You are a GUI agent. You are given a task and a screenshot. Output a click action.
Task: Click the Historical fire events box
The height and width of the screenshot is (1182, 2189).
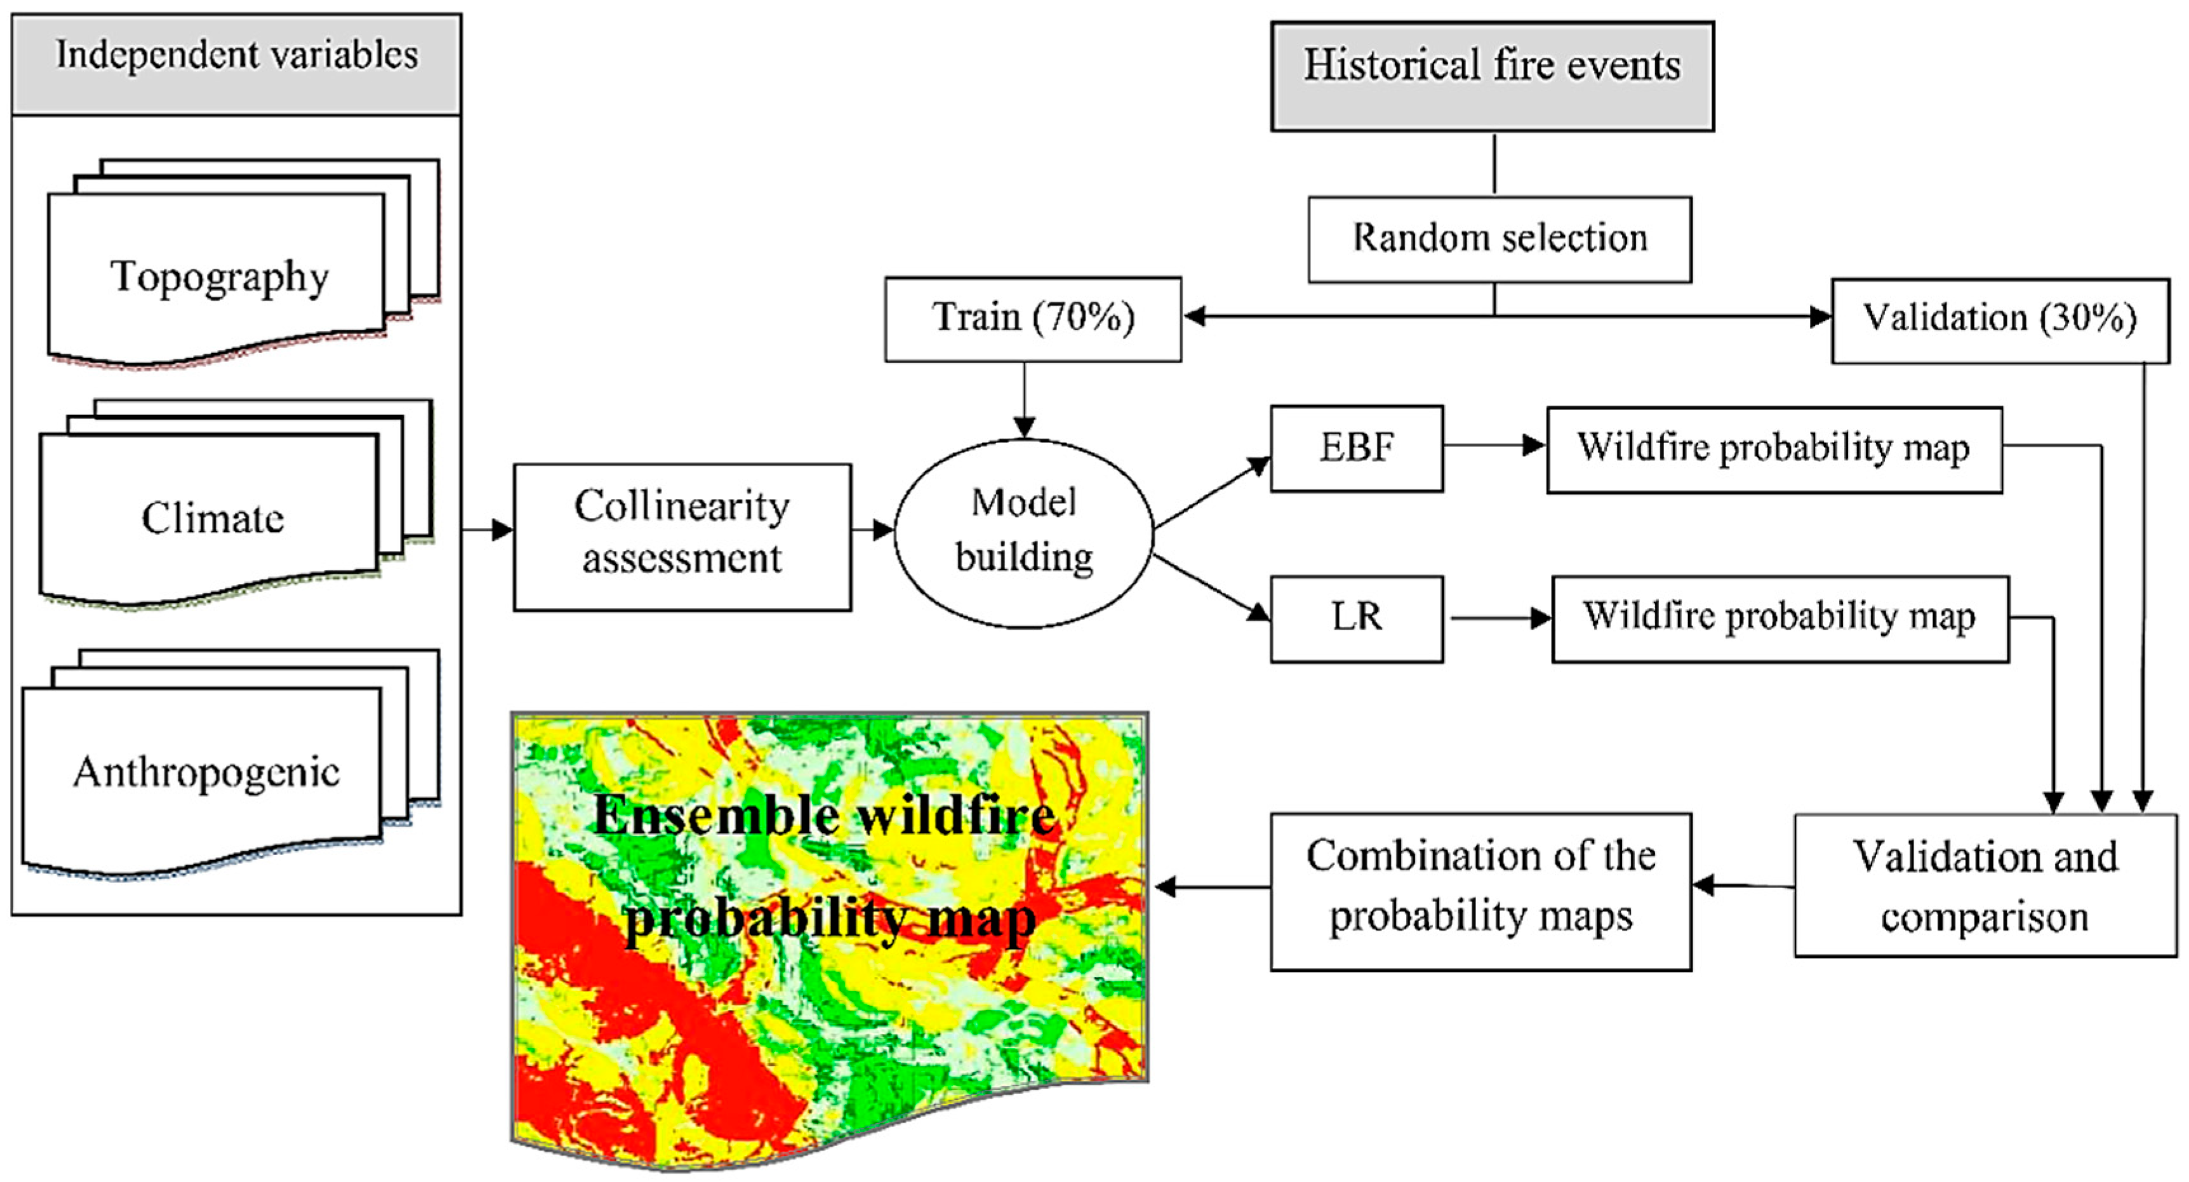pyautogui.click(x=1492, y=76)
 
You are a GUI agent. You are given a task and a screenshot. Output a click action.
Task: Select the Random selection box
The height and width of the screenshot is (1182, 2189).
pyautogui.click(x=1500, y=239)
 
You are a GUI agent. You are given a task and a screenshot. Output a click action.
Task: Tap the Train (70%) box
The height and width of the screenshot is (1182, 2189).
pyautogui.click(x=1032, y=319)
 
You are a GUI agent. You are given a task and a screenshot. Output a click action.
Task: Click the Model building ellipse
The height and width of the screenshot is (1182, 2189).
pyautogui.click(x=1024, y=533)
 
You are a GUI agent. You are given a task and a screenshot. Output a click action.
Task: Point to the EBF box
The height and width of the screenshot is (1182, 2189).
pyautogui.click(x=1356, y=448)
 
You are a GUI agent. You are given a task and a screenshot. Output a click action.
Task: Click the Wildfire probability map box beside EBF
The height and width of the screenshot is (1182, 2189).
pyautogui.click(x=1773, y=449)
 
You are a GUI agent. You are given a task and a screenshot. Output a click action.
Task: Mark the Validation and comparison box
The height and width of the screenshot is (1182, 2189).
pyautogui.click(x=1985, y=886)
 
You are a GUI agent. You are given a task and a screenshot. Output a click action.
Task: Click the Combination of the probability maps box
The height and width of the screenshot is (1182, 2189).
pyautogui.click(x=1480, y=891)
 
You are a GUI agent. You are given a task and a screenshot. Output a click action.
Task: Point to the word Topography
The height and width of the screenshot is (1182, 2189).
pyautogui.click(x=219, y=277)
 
